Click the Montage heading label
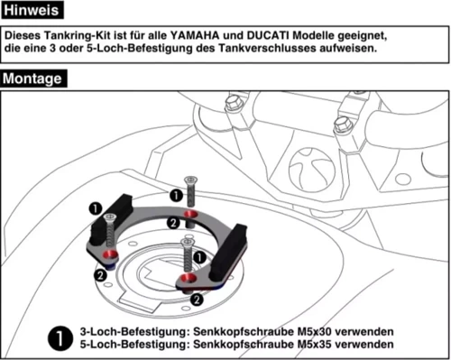pyautogui.click(x=32, y=78)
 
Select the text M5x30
pyautogui.click(x=318, y=331)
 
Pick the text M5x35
pyautogui.click(x=318, y=344)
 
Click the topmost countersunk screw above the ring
pyautogui.click(x=189, y=189)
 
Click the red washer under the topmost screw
pyautogui.click(x=189, y=213)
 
